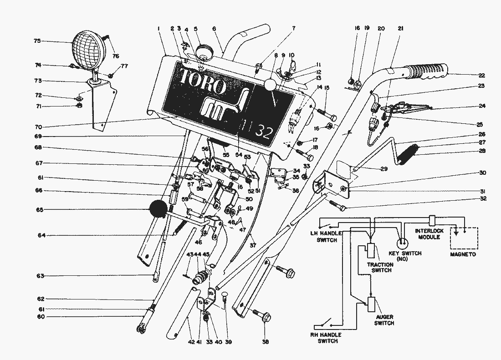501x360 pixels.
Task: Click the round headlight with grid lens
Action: point(90,50)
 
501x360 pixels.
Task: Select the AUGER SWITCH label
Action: point(384,320)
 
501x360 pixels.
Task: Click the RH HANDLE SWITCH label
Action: point(327,338)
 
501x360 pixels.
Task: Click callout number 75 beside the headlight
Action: point(37,41)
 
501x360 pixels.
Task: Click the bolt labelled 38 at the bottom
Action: point(261,314)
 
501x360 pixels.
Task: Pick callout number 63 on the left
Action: point(41,276)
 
